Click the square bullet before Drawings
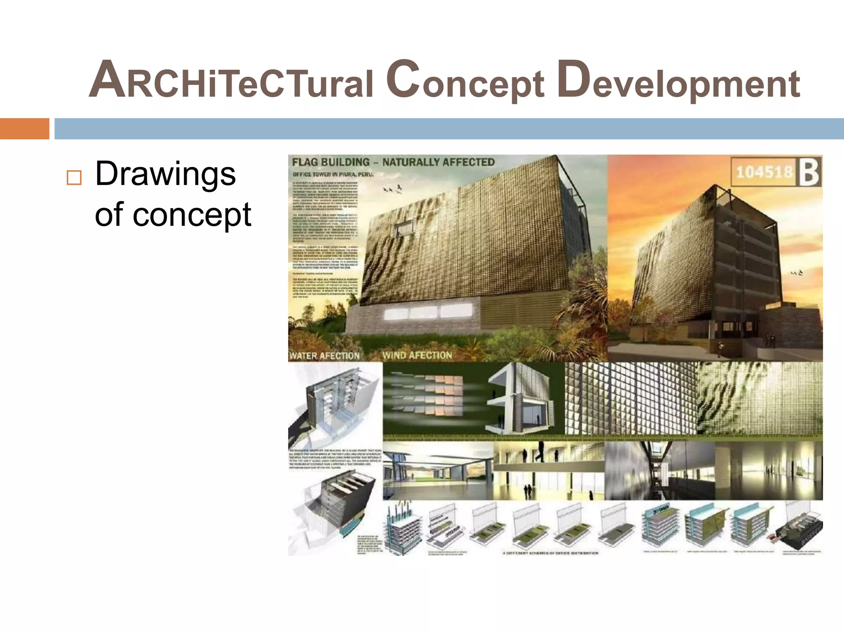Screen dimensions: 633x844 (x=74, y=178)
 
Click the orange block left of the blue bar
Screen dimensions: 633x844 (x=24, y=129)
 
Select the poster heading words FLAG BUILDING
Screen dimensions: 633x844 (x=331, y=162)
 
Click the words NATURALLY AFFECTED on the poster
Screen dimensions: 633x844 (x=438, y=162)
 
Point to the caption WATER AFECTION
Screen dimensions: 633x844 (x=324, y=356)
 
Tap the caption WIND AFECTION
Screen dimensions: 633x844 (x=417, y=355)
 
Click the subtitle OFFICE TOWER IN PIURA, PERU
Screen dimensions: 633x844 (x=333, y=174)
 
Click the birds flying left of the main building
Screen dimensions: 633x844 (x=392, y=189)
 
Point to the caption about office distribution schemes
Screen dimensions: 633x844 (x=550, y=553)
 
